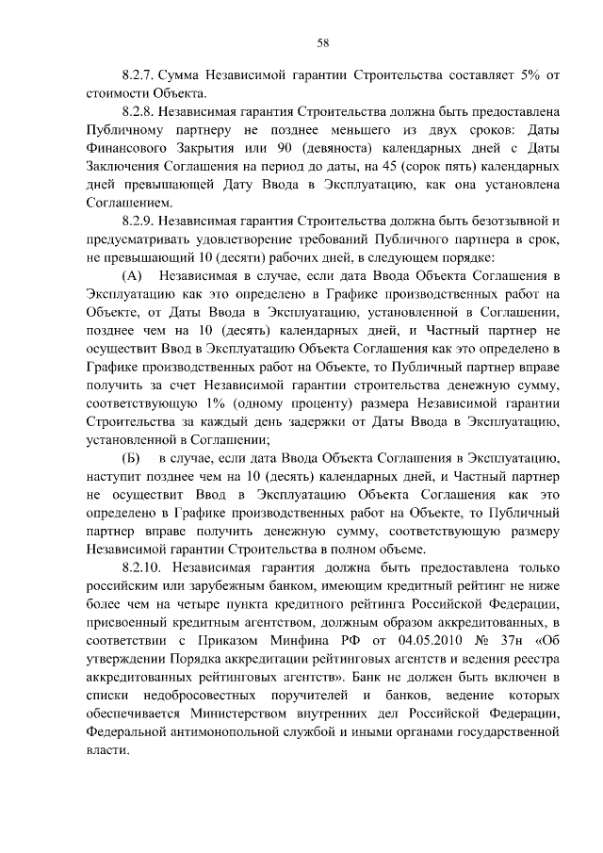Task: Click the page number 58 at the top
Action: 322,41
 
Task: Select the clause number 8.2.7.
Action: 140,74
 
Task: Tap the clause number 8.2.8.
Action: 140,110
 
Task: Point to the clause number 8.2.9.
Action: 140,220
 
